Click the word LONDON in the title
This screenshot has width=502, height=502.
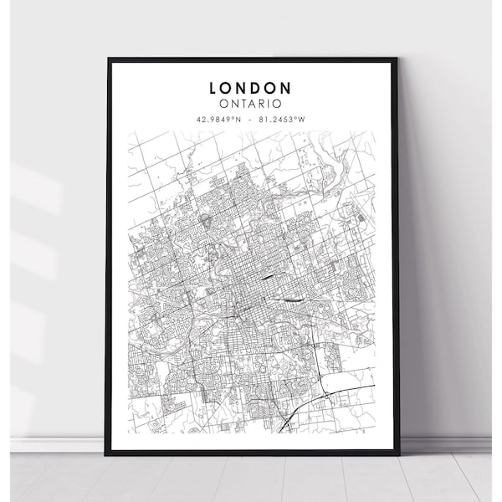[x=252, y=87]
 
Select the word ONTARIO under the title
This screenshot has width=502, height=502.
[x=252, y=104]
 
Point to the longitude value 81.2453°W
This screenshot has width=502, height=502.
[x=282, y=119]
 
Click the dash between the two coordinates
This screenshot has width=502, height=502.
[x=252, y=119]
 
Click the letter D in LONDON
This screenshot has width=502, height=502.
[x=259, y=87]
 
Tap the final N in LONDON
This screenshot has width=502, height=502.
[x=286, y=87]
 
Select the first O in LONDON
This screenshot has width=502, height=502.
[x=230, y=87]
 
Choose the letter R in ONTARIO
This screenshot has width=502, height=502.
[x=263, y=104]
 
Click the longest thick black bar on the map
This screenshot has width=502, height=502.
[x=291, y=299]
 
